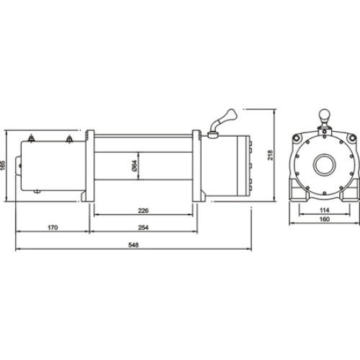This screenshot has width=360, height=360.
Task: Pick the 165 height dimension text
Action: (5, 164)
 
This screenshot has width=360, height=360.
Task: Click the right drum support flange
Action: (196, 166)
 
